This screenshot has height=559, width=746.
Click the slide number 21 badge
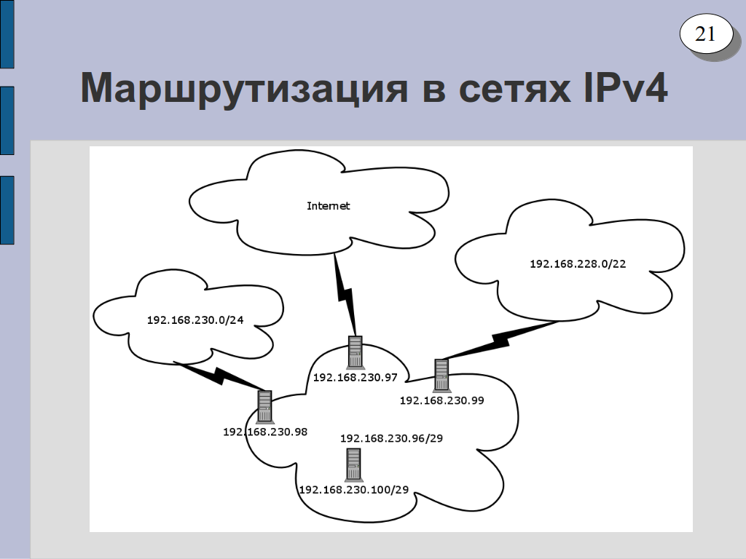pyautogui.click(x=706, y=33)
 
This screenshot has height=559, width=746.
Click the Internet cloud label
pyautogui.click(x=329, y=206)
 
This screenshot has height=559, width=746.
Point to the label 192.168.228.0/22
pyautogui.click(x=578, y=263)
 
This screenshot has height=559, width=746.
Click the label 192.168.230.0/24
pyautogui.click(x=195, y=320)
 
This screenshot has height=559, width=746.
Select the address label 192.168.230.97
pyautogui.click(x=355, y=378)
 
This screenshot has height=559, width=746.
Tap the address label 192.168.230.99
pyautogui.click(x=441, y=400)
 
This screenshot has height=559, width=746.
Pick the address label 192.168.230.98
pyautogui.click(x=265, y=432)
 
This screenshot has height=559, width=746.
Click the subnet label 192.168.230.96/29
pyautogui.click(x=391, y=438)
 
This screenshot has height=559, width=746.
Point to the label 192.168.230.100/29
pyautogui.click(x=353, y=490)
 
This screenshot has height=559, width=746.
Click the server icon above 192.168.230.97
pyautogui.click(x=355, y=352)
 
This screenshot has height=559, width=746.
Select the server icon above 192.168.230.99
pyautogui.click(x=441, y=375)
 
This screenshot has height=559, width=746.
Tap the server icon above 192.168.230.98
pyautogui.click(x=264, y=406)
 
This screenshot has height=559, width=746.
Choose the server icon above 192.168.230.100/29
pyautogui.click(x=353, y=464)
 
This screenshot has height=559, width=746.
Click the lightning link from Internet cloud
pyautogui.click(x=345, y=294)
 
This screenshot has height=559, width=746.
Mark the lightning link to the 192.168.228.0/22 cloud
pyautogui.click(x=500, y=341)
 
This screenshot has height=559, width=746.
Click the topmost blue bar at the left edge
pyautogui.click(x=7, y=33)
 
